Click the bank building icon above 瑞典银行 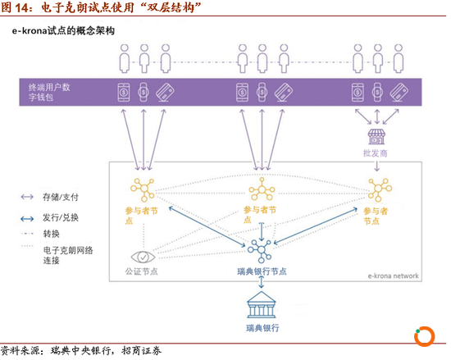coord(261,305)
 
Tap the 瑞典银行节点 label coord(262,271)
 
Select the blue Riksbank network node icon coord(260,250)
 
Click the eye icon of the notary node coord(143,257)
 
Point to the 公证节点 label coord(141,271)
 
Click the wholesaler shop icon coord(376,137)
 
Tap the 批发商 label coord(375,153)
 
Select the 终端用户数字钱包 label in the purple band coord(49,92)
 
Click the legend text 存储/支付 coord(61,198)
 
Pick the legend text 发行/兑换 coord(61,217)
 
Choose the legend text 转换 coord(51,234)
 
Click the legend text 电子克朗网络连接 coord(68,255)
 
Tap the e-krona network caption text coord(393,276)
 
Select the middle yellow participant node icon coord(262,189)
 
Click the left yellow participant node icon coord(143,189)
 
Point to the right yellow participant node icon coord(380,189)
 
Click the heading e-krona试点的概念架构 coord(63,31)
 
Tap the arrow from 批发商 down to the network coord(377,166)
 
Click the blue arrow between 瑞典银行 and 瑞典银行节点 coord(261,282)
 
